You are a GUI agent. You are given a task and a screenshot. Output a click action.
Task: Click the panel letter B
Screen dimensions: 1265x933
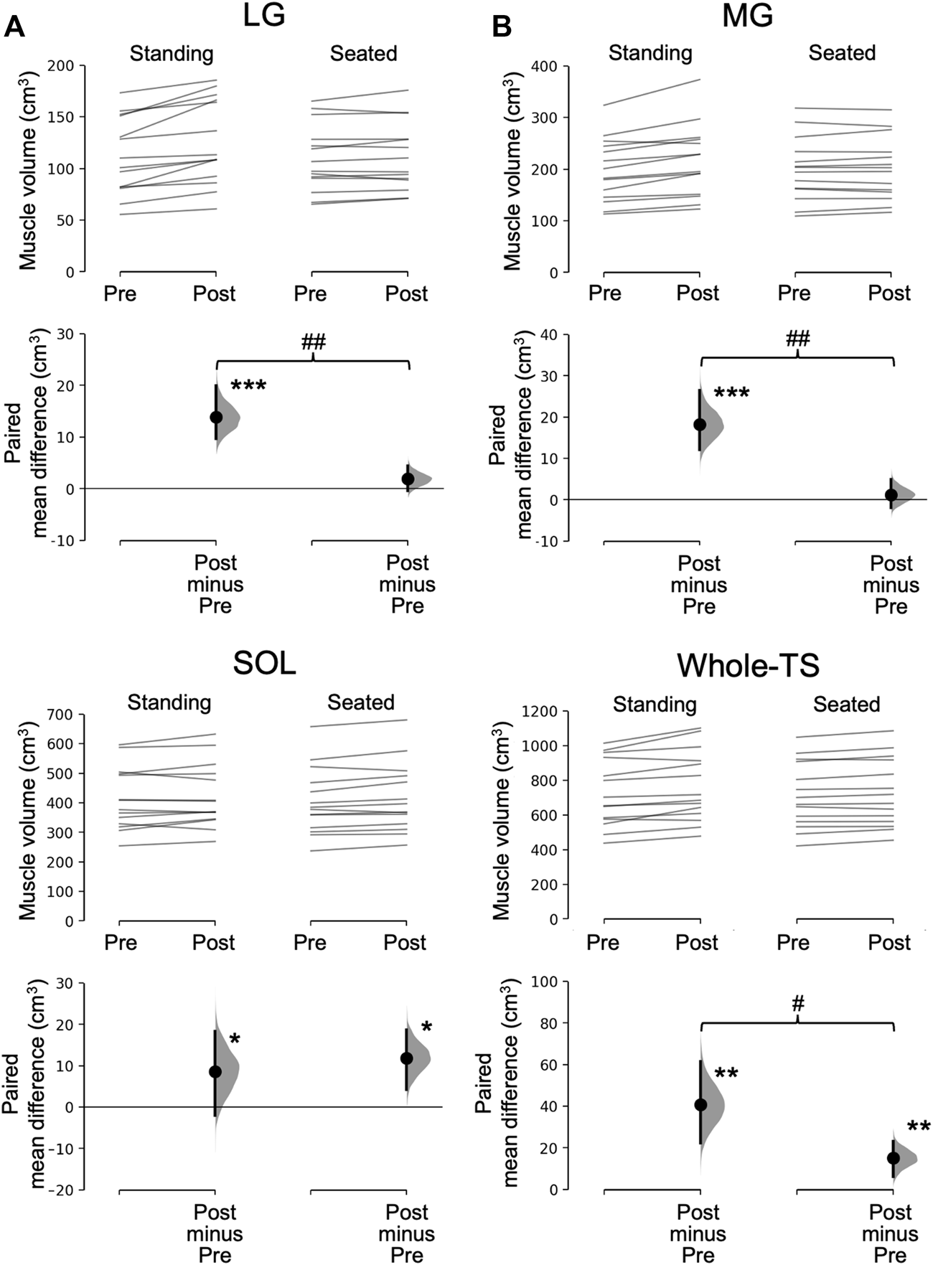click(x=501, y=27)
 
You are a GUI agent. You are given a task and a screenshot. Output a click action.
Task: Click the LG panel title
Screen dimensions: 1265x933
click(x=264, y=14)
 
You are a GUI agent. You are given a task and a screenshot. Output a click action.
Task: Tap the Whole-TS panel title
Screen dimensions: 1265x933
click(x=748, y=666)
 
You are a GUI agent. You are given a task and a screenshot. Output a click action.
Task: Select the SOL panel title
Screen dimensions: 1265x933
click(x=264, y=664)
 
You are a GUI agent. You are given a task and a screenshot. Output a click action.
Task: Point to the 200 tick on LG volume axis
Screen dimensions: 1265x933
click(x=60, y=66)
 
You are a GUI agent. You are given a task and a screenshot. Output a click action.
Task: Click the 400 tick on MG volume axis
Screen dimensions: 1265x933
click(x=544, y=66)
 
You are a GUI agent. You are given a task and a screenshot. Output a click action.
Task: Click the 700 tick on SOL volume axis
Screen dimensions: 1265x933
click(x=60, y=715)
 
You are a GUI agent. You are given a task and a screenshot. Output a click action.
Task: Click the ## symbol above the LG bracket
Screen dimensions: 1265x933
click(x=313, y=342)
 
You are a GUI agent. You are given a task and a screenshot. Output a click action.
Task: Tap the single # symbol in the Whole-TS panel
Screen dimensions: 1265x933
click(x=797, y=1005)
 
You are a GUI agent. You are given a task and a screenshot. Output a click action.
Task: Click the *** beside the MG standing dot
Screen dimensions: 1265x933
click(x=732, y=393)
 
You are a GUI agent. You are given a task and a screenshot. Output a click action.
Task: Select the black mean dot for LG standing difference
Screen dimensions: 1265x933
click(x=216, y=417)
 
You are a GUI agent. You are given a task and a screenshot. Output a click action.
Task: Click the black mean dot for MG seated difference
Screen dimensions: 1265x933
click(x=891, y=495)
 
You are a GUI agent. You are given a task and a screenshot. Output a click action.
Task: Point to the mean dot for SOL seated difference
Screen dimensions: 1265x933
click(x=407, y=1058)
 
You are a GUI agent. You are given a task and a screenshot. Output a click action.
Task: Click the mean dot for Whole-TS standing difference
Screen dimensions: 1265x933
click(x=701, y=1105)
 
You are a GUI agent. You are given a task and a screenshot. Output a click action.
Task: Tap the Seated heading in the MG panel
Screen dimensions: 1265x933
click(x=842, y=53)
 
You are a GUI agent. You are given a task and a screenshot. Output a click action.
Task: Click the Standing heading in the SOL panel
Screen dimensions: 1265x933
click(x=169, y=702)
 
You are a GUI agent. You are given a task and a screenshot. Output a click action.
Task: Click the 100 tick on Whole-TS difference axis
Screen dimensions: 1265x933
click(x=544, y=981)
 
